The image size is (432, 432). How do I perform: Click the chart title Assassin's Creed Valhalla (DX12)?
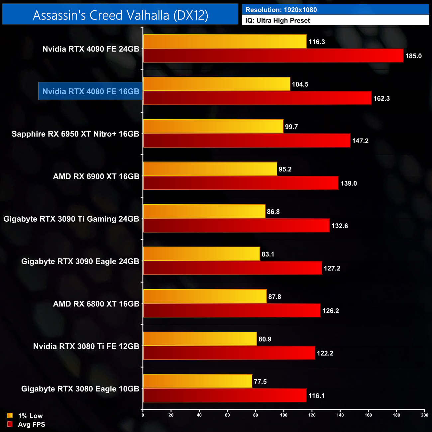tap(120, 15)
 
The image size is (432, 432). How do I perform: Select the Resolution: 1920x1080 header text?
tap(281, 10)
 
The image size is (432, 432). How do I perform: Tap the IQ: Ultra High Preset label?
tap(277, 21)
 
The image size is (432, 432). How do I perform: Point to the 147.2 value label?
tap(360, 141)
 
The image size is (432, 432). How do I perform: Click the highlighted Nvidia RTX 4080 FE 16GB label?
tap(91, 91)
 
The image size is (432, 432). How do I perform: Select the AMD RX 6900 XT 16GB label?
tap(96, 176)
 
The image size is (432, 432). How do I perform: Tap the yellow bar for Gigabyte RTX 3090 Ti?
tap(204, 211)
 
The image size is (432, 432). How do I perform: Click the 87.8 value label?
tap(275, 297)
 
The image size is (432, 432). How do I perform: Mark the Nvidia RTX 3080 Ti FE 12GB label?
tap(86, 346)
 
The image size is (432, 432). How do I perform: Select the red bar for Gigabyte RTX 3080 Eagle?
tap(225, 395)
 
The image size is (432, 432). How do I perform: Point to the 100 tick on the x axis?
tap(284, 415)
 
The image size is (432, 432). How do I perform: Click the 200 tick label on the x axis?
tap(425, 415)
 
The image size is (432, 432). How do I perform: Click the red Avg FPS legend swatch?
tap(10, 424)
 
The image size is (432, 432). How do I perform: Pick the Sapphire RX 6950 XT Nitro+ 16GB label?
tap(75, 134)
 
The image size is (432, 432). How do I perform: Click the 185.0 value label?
tap(413, 56)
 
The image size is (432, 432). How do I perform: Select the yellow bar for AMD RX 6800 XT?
tap(205, 296)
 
